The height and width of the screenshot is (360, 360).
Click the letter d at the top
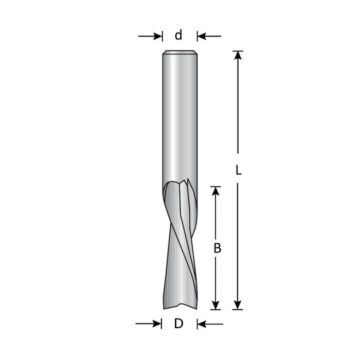[x=178, y=35]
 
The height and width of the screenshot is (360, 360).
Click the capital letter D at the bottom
[x=178, y=324]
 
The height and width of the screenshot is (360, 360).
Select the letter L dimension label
[x=238, y=170]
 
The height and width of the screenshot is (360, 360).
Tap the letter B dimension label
[x=217, y=248]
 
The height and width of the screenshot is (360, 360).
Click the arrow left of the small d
[x=151, y=36]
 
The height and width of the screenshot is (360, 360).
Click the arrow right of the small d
[x=208, y=36]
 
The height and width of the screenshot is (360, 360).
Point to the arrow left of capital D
[x=149, y=323]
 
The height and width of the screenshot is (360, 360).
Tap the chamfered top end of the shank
[x=179, y=52]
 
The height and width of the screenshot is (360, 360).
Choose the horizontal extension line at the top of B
[x=216, y=186]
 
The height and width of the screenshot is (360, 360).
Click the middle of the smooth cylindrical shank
[x=179, y=118]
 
